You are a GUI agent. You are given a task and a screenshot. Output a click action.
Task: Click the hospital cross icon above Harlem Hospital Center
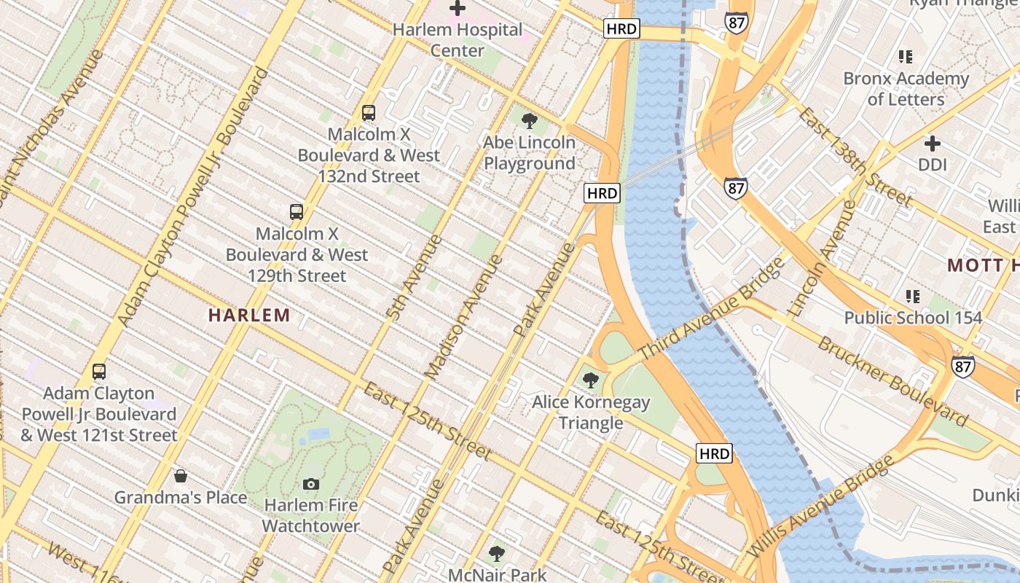[458, 9]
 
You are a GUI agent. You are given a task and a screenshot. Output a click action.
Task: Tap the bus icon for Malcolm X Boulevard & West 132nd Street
[369, 113]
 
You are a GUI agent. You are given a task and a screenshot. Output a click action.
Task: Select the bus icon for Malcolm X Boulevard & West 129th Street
[296, 212]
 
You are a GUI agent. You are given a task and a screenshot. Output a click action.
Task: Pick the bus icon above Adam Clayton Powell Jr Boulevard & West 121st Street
[99, 372]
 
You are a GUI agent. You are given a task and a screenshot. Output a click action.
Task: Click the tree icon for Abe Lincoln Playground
[530, 121]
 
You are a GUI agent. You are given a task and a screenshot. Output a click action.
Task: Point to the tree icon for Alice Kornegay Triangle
[590, 380]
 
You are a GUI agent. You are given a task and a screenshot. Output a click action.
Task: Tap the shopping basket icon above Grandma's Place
[181, 477]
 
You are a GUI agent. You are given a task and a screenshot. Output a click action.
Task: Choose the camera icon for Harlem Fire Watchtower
[311, 484]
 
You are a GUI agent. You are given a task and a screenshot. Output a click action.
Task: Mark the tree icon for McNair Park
[497, 554]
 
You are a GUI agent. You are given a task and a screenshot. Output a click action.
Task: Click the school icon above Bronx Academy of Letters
[906, 56]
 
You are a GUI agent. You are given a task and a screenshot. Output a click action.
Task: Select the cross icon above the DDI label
[932, 144]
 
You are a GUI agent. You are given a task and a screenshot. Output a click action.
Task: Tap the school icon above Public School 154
[912, 297]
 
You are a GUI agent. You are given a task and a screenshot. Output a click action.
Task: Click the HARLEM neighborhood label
[249, 316]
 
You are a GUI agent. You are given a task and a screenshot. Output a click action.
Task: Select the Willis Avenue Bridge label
[821, 507]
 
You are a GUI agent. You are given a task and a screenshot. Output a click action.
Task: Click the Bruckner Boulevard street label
[892, 381]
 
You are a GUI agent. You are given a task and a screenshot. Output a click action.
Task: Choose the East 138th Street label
[855, 157]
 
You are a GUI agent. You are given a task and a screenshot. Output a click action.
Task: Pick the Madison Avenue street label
[463, 317]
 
